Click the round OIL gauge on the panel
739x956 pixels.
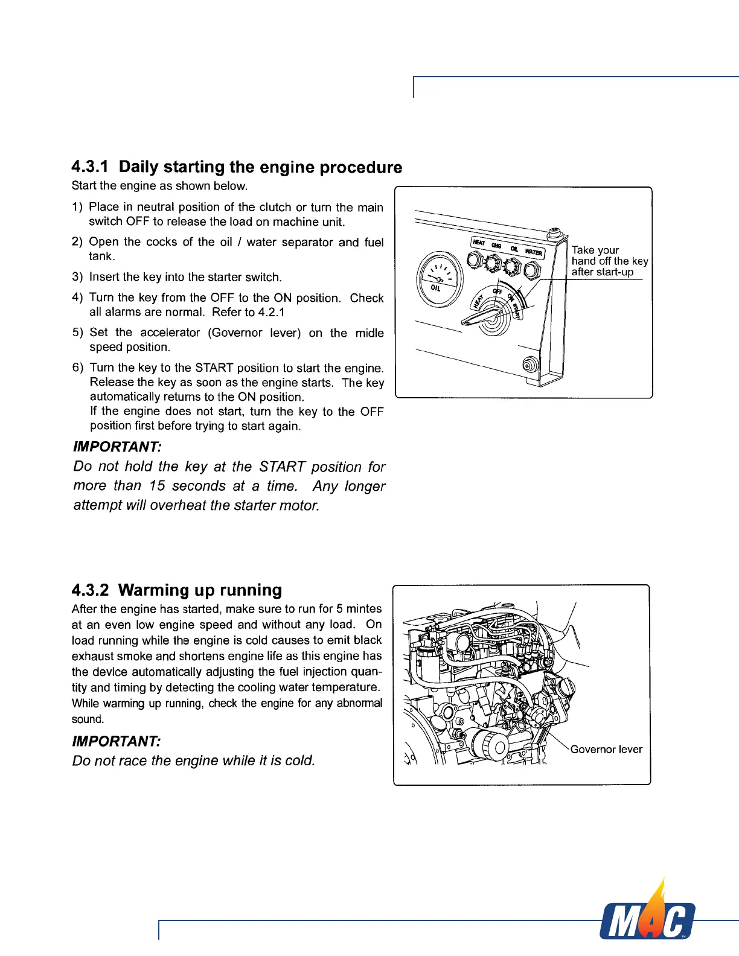[438, 279]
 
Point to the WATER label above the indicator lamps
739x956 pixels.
[534, 252]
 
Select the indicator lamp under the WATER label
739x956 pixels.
[532, 270]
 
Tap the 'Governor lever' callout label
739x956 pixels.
[606, 749]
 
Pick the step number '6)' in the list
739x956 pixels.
[77, 368]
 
